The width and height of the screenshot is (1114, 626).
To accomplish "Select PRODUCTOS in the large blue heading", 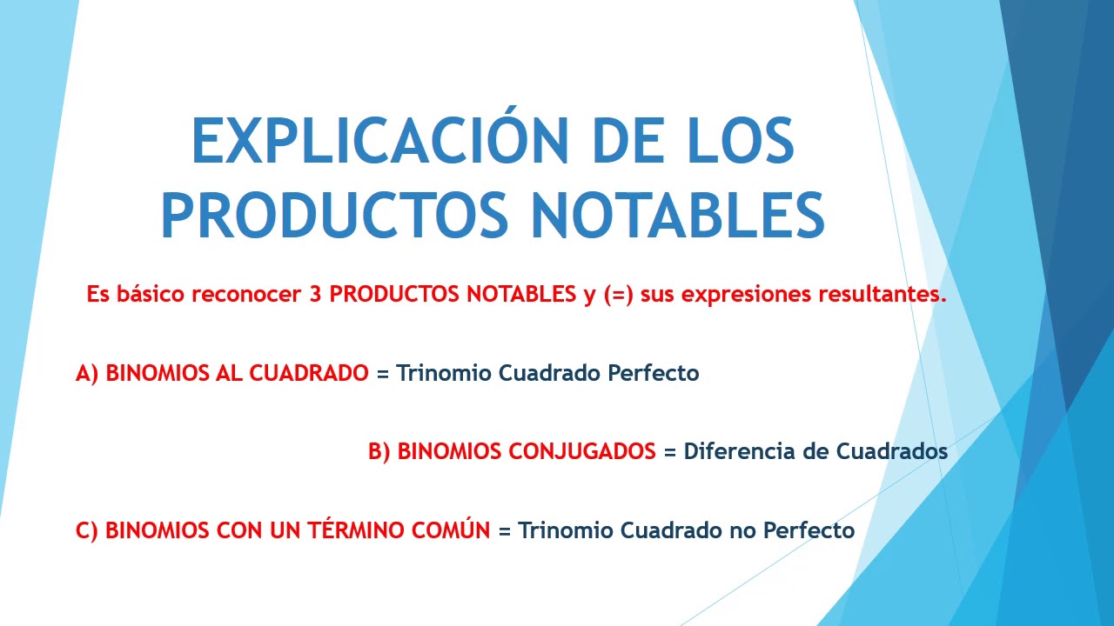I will pos(334,216).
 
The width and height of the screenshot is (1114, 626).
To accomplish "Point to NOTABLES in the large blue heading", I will pos(678,216).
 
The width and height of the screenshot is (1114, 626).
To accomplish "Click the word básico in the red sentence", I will pos(150,294).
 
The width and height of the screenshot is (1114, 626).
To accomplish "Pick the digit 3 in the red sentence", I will pos(315,294).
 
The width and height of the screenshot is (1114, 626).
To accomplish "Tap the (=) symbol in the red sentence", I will pos(619,294).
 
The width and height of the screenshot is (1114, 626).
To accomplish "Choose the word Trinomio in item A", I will pos(444,373).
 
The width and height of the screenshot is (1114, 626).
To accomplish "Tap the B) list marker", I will pos(379,451).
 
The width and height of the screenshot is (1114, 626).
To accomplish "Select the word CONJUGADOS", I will pos(527,451).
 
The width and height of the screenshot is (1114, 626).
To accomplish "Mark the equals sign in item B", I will pos(669,452).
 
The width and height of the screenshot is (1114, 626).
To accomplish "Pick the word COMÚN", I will pos(457,529).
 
